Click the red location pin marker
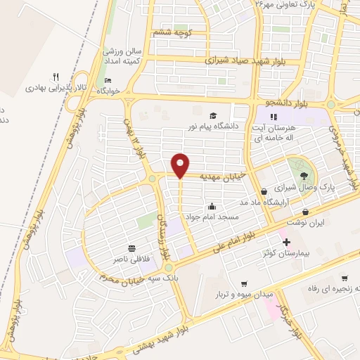181,165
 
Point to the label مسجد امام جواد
212,217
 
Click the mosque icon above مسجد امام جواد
212,206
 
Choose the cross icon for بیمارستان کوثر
285,242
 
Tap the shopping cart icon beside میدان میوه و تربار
244,284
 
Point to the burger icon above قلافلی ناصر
131,248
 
